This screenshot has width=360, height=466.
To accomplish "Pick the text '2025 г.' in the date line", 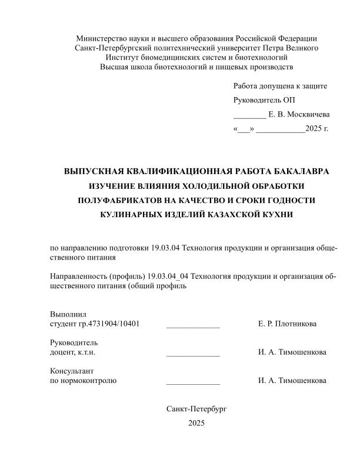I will [x=317, y=128].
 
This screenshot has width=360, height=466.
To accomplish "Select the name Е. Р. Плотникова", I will [x=287, y=324].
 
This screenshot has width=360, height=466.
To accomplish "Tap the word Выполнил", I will [x=68, y=315].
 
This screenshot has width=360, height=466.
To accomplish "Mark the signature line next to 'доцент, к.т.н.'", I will [x=193, y=353].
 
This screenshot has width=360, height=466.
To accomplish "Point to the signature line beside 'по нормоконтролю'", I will [x=193, y=381].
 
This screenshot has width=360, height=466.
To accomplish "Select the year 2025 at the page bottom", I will [x=196, y=423].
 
